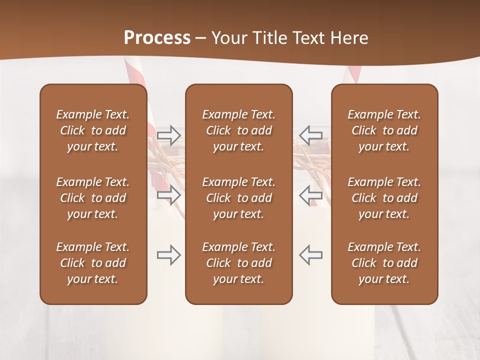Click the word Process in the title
(157, 37)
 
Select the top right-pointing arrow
(169, 135)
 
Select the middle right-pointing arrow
(169, 194)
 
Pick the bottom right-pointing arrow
(169, 255)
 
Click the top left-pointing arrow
(311, 135)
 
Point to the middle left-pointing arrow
(311, 194)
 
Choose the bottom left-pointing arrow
(311, 255)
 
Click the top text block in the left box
(93, 130)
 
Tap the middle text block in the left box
(93, 198)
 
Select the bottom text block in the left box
(93, 263)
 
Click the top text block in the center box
(238, 130)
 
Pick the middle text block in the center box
(238, 198)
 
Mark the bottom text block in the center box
(238, 263)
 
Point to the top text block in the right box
(384, 130)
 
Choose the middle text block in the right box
(384, 198)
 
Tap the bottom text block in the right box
(384, 263)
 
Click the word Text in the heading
(309, 37)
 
